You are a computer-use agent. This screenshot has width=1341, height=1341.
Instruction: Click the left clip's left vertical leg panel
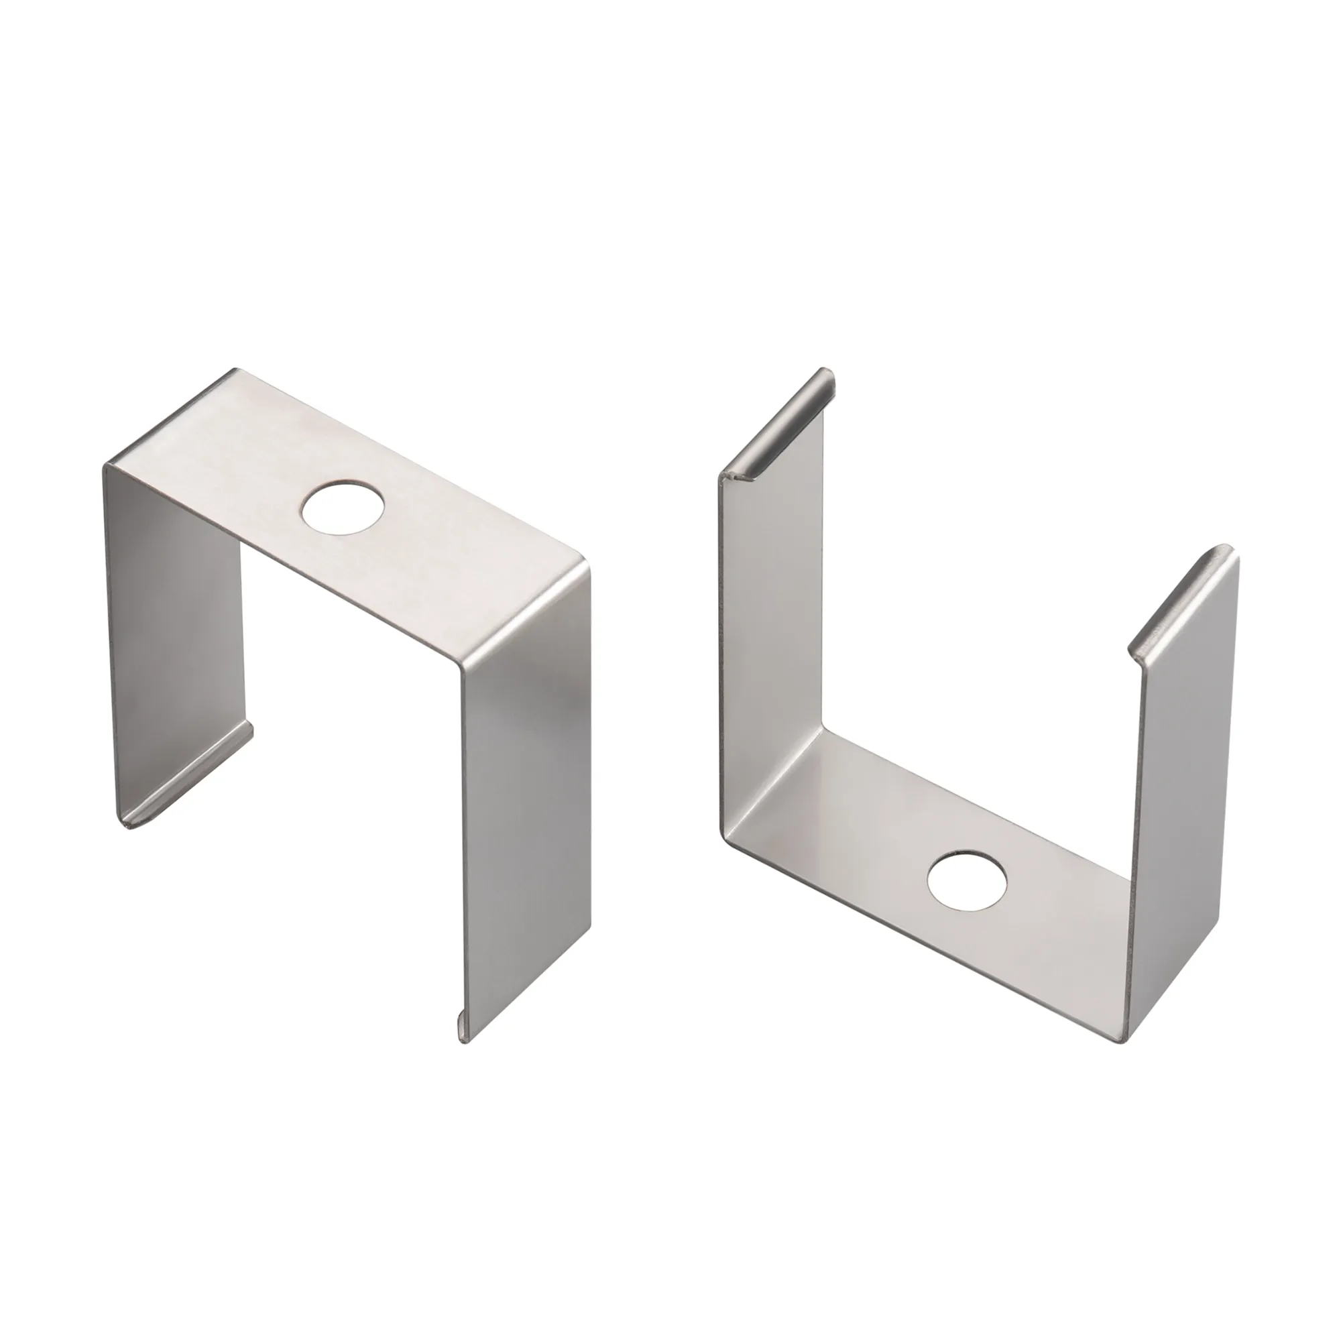point(174,625)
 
